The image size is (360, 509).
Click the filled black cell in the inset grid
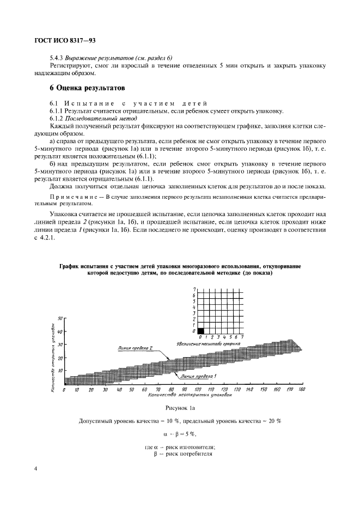[200, 330]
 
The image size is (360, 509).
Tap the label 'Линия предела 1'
[199, 376]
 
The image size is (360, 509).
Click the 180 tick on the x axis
[302, 390]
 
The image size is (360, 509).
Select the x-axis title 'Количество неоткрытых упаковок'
[182, 396]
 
